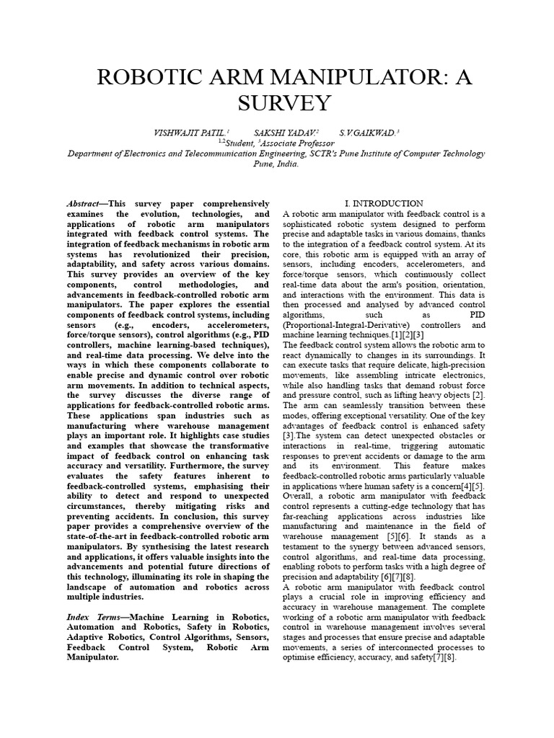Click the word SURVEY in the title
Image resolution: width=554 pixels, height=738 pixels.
click(276, 102)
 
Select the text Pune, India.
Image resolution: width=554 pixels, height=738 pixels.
click(276, 164)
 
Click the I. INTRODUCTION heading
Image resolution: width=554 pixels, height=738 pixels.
click(384, 204)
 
